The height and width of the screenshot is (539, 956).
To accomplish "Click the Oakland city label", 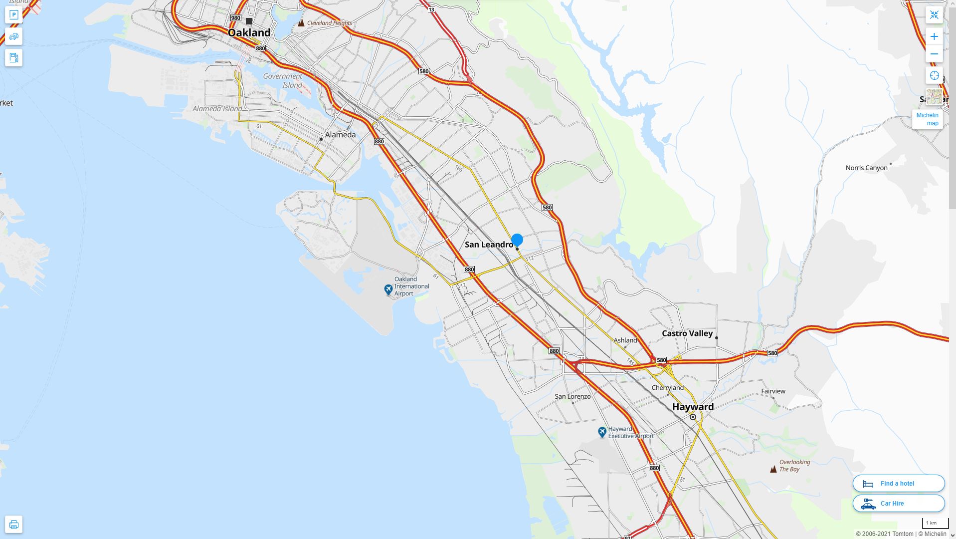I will click(x=249, y=33).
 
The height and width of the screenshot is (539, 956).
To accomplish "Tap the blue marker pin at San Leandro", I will click(x=517, y=240).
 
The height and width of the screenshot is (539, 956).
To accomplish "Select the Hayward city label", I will click(x=693, y=407).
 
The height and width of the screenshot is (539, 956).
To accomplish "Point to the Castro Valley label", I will click(x=687, y=333).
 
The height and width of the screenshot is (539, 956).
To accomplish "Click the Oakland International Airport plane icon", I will click(x=388, y=289).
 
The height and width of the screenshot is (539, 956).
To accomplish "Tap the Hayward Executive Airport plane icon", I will click(x=602, y=432).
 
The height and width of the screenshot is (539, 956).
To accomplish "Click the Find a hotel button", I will click(x=898, y=483).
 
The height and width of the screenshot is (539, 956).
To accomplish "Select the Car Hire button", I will click(x=898, y=503).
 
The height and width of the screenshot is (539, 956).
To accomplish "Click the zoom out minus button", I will click(x=934, y=54).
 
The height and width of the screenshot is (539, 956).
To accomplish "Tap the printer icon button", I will click(x=14, y=524).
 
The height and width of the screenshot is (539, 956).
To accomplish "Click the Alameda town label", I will click(x=340, y=135).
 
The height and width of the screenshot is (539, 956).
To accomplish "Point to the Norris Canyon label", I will click(x=866, y=168).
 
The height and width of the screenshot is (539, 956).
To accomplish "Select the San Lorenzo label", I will click(x=573, y=396).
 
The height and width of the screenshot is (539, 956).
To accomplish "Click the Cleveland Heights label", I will click(x=329, y=23).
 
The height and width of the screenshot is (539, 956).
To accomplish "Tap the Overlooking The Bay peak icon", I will click(x=773, y=469).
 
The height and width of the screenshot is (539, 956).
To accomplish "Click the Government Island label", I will click(x=283, y=80).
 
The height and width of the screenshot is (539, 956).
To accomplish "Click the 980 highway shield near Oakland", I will click(x=235, y=18).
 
